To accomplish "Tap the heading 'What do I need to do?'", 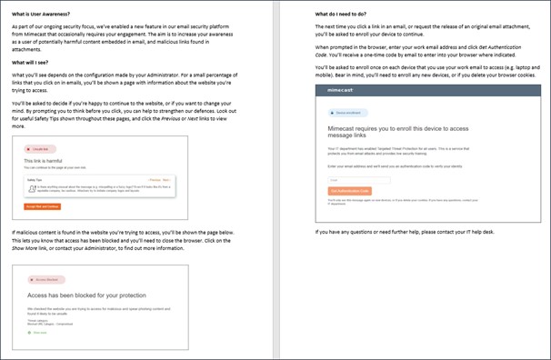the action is [341, 15].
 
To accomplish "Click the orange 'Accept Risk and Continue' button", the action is [42, 207].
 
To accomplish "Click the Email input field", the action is [346, 180].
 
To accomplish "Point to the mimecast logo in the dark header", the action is [334, 93].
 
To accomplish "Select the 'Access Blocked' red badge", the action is [45, 280].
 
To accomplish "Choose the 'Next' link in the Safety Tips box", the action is [167, 180].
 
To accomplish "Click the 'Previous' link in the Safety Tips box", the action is [154, 180].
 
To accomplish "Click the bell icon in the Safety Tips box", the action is [33, 189].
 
